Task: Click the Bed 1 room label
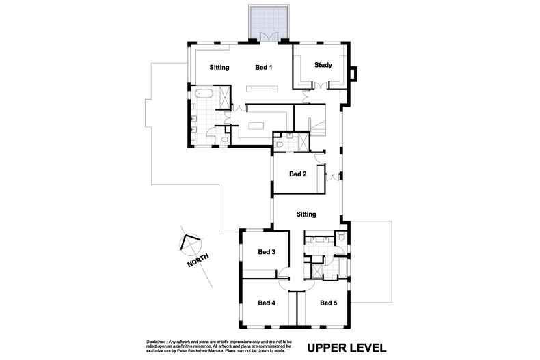coord(264,68)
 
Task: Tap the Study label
coord(323,66)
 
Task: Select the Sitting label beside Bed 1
coord(219,68)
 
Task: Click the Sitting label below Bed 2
coord(306,214)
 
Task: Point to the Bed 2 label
coord(297,174)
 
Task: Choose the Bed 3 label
coord(267,252)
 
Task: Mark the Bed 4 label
coord(267,303)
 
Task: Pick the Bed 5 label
coord(328,303)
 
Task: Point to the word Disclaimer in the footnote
coord(159,341)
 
